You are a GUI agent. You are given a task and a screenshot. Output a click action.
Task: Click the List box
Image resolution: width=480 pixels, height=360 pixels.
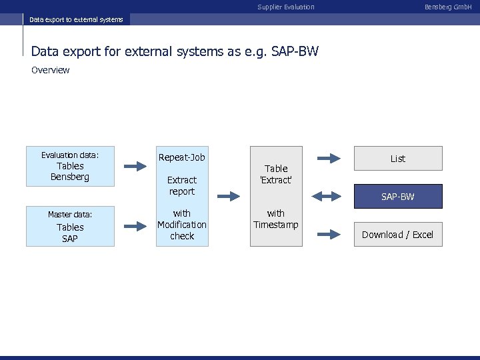pyautogui.click(x=397, y=159)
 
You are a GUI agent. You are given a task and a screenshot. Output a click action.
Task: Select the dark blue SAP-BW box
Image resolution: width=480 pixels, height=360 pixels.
pyautogui.click(x=397, y=197)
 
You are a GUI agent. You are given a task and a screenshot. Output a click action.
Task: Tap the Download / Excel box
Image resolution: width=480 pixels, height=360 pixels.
pyautogui.click(x=397, y=235)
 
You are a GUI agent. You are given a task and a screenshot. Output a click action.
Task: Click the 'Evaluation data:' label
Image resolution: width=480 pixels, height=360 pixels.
pyautogui.click(x=70, y=155)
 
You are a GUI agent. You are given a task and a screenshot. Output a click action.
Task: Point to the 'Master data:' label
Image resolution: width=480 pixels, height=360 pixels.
pyautogui.click(x=70, y=214)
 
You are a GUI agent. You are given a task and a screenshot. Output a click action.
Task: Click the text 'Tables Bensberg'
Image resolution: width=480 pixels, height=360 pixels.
pyautogui.click(x=70, y=171)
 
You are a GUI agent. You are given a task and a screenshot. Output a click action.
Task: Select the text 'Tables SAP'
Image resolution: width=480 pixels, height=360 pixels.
pyautogui.click(x=70, y=233)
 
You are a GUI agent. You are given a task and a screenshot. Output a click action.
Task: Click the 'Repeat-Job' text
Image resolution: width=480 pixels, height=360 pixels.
pyautogui.click(x=182, y=157)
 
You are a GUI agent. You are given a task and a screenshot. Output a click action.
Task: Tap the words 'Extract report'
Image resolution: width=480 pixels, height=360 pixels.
pyautogui.click(x=182, y=185)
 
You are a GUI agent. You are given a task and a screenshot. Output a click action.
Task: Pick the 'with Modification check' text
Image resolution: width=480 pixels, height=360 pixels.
pyautogui.click(x=182, y=225)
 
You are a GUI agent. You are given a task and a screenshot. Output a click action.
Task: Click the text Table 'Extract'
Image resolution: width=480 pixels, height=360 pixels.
pyautogui.click(x=276, y=175)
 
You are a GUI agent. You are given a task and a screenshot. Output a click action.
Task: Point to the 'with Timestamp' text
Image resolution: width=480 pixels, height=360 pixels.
pyautogui.click(x=276, y=219)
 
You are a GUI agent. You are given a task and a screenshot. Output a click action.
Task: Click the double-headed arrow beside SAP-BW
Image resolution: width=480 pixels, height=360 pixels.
pyautogui.click(x=327, y=196)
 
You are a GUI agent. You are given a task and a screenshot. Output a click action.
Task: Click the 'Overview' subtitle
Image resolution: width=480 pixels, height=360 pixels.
pyautogui.click(x=51, y=70)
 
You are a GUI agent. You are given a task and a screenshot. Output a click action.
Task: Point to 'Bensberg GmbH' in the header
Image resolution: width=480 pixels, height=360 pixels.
pyautogui.click(x=448, y=7)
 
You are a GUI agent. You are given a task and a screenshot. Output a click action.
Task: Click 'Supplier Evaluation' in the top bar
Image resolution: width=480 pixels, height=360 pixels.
pyautogui.click(x=286, y=7)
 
